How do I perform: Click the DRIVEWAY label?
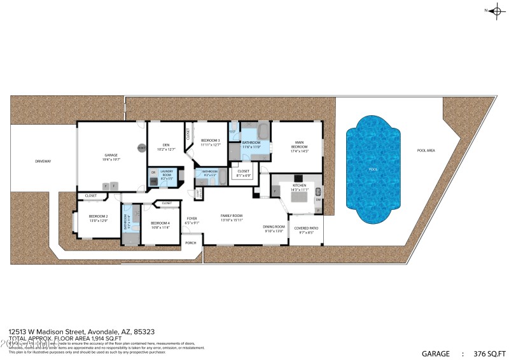pos(43,161)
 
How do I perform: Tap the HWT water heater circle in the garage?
pos(141,148)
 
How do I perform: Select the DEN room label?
pos(165,145)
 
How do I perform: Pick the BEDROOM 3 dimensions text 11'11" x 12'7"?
pos(210,145)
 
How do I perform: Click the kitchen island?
pos(298,197)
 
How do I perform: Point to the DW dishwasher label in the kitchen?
pos(318,199)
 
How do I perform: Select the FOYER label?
pos(192,219)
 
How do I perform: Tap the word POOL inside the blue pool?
pos(373,170)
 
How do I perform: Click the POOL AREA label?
pos(426,151)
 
